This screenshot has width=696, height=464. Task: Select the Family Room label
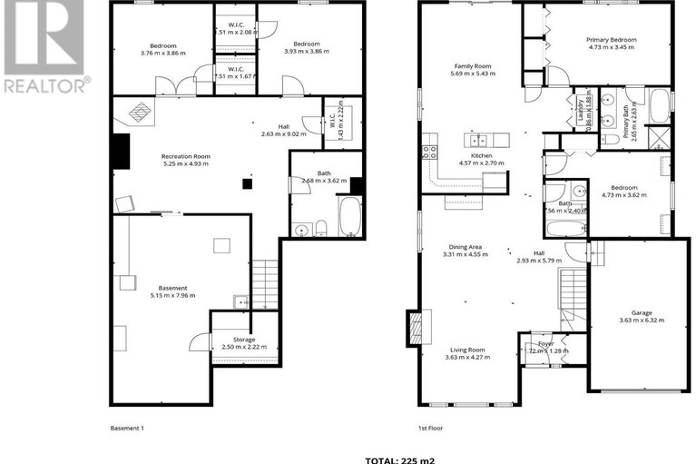coord(472,65)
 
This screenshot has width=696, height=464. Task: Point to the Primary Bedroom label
coord(611,40)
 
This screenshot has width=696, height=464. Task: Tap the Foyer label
coord(545,343)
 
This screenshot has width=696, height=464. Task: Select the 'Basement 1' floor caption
coord(127,428)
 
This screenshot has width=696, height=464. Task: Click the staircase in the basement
coord(264,283)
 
